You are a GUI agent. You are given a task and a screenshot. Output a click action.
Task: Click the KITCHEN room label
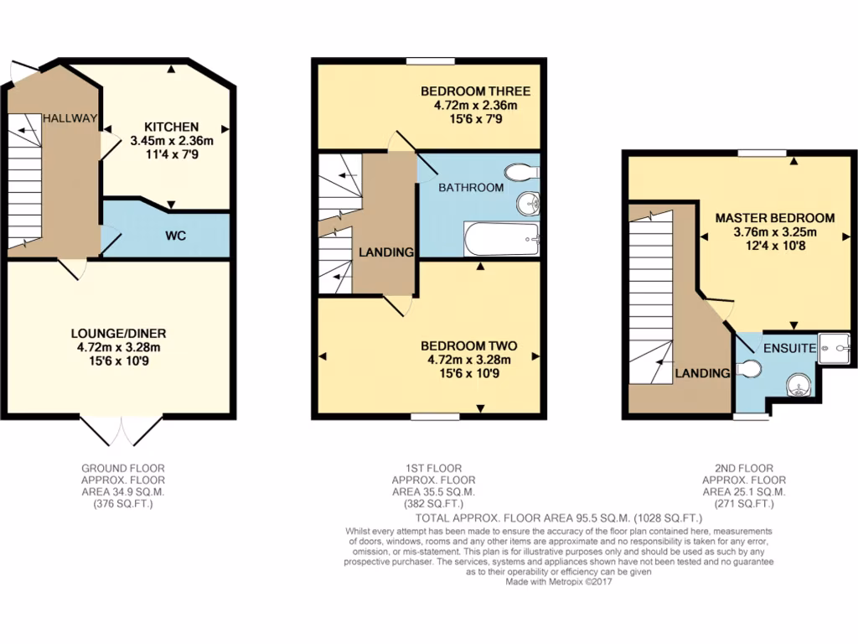[x=172, y=127]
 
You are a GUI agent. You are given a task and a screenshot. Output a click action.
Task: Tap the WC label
[x=174, y=236]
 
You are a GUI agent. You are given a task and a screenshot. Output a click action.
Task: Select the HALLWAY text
[x=71, y=118]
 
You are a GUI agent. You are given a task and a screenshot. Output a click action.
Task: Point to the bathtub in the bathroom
[x=500, y=239]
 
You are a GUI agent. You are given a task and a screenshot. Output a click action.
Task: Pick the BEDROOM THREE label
[x=475, y=91]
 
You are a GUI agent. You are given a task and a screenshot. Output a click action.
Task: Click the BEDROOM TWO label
[x=468, y=345]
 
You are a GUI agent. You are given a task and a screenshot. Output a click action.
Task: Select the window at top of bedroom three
[x=431, y=60]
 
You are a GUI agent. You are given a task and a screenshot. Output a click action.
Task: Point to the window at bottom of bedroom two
[x=435, y=416]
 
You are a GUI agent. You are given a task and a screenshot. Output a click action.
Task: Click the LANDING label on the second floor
[x=703, y=373]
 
